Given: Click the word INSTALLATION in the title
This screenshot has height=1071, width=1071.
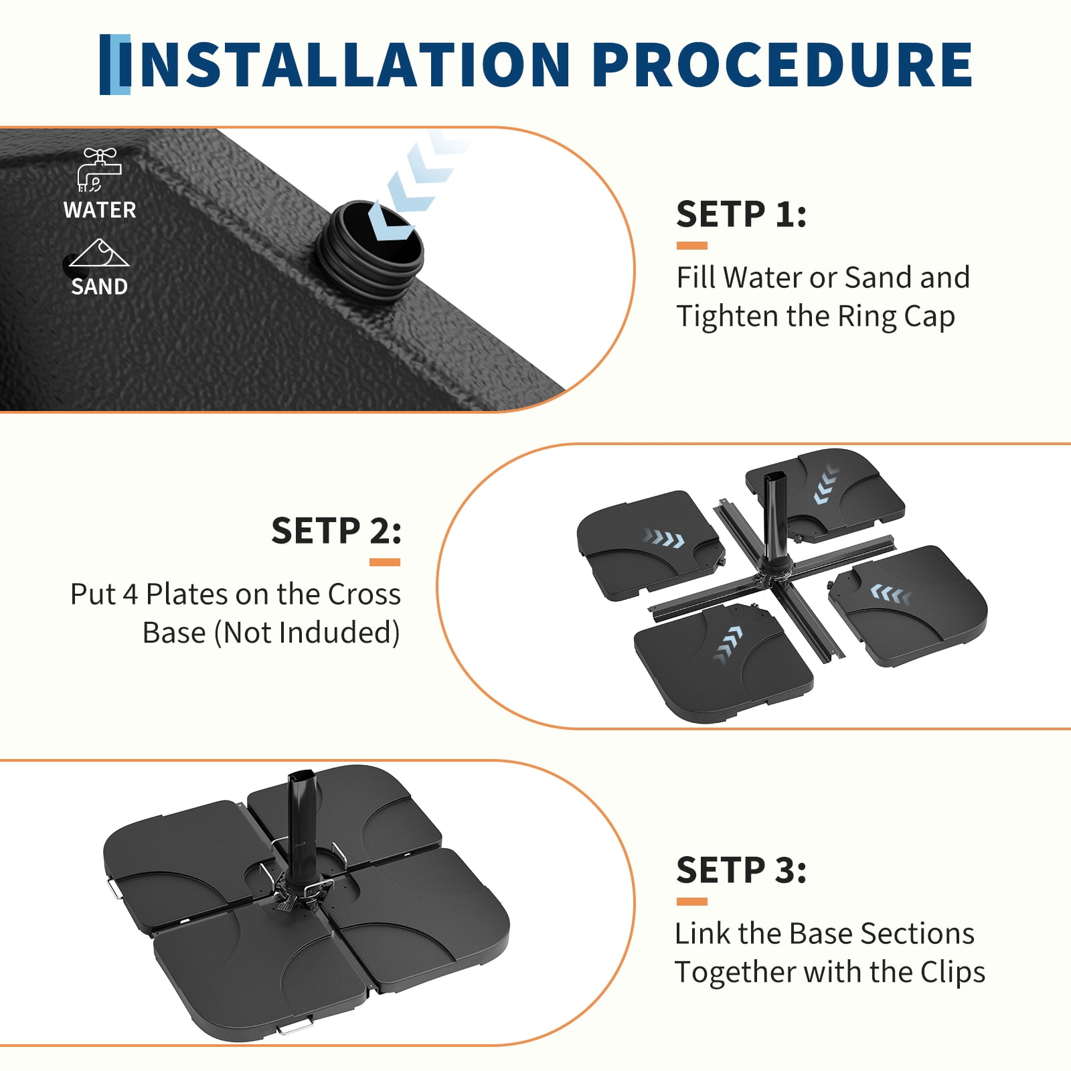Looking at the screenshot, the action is point(345,64).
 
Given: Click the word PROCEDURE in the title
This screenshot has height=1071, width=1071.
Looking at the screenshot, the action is point(782,64).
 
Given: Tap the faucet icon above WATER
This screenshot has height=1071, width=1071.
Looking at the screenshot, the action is point(99,170).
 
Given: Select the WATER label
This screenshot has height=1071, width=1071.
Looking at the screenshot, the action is point(100,210).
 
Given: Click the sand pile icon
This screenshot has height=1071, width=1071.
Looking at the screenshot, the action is point(99,253).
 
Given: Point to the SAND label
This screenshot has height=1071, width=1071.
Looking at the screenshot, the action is point(99,286).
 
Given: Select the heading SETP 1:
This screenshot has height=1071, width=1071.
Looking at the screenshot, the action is point(741,214).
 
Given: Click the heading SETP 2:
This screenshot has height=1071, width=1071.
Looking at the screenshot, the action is point(336,531).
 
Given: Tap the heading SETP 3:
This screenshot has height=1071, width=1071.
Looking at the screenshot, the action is point(741,870).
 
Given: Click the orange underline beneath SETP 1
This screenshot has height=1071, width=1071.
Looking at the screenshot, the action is point(691,246).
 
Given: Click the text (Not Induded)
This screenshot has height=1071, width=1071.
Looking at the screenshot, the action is point(307,633).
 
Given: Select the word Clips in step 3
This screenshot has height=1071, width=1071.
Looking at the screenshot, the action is point(953,972).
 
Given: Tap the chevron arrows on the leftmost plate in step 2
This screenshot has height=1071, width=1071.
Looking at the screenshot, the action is point(663,538).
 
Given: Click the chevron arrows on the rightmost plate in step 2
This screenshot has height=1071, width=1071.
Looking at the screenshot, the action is point(891,594).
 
